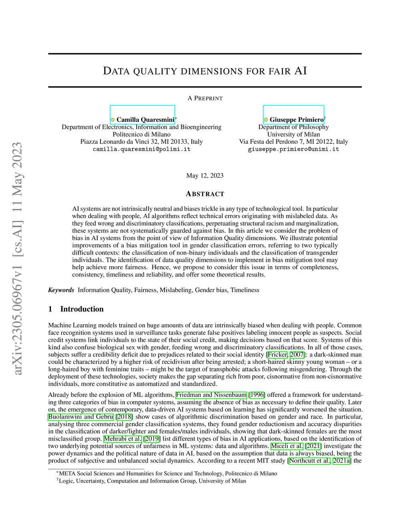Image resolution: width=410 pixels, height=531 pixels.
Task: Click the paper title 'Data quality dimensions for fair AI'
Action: click(x=205, y=71)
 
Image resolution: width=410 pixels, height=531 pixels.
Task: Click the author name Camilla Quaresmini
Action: click(x=145, y=119)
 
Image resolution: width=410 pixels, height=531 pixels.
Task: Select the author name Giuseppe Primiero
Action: click(x=296, y=119)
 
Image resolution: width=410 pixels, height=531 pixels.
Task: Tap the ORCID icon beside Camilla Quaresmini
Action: click(x=113, y=120)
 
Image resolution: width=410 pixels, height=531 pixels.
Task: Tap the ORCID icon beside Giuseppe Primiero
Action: click(x=266, y=120)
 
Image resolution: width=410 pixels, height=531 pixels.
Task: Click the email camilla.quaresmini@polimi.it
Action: click(x=141, y=149)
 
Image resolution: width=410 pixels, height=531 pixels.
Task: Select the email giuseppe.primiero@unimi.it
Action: click(x=293, y=149)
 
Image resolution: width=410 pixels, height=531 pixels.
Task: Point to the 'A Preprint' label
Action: click(x=205, y=98)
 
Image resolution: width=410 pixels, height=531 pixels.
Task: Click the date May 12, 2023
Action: click(x=205, y=176)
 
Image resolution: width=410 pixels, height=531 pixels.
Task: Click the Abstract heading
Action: click(x=205, y=194)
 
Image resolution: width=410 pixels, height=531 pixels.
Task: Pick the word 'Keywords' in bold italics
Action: click(x=61, y=290)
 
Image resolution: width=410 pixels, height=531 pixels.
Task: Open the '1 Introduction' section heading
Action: click(x=76, y=309)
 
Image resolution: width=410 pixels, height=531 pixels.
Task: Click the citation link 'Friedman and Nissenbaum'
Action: click(x=211, y=395)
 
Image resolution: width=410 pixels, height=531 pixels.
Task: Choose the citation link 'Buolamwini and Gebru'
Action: click(x=80, y=416)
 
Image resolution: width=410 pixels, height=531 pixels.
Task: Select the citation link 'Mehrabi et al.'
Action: click(x=123, y=438)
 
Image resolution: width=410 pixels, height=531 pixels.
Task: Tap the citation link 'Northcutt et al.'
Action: click(x=310, y=460)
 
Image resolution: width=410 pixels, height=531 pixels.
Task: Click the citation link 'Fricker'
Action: click(x=277, y=354)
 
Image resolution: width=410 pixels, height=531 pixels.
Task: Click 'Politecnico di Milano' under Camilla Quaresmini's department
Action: click(x=141, y=134)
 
